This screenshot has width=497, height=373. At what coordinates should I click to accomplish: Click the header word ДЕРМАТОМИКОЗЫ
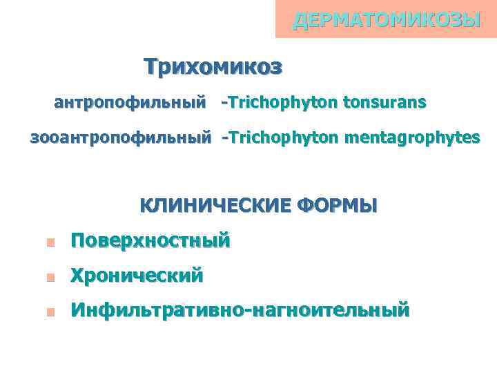[x=387, y=20]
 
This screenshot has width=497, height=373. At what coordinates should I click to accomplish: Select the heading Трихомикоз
[x=213, y=66]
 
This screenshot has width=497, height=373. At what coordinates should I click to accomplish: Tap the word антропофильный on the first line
[x=130, y=103]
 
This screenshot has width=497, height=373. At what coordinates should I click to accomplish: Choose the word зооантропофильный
[x=121, y=138]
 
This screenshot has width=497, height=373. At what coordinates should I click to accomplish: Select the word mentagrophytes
[x=412, y=138]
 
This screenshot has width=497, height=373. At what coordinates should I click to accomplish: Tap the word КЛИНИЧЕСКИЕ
[x=215, y=206]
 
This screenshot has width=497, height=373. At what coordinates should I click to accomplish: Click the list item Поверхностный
[x=150, y=241]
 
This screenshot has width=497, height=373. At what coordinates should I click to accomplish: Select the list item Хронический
[x=137, y=276]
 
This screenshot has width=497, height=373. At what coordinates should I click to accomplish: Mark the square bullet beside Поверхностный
[x=50, y=242]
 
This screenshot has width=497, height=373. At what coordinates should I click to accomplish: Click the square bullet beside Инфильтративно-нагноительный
[x=50, y=312]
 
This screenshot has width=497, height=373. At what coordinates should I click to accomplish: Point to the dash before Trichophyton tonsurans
[x=224, y=104]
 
